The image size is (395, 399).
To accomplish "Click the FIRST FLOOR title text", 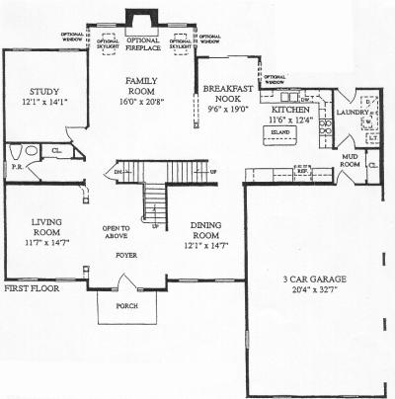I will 31,289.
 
